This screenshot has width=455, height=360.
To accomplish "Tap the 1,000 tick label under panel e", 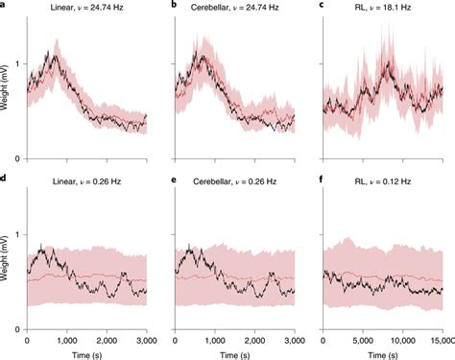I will tap(215, 340).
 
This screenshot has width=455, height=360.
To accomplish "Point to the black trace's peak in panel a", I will tap(56, 54).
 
